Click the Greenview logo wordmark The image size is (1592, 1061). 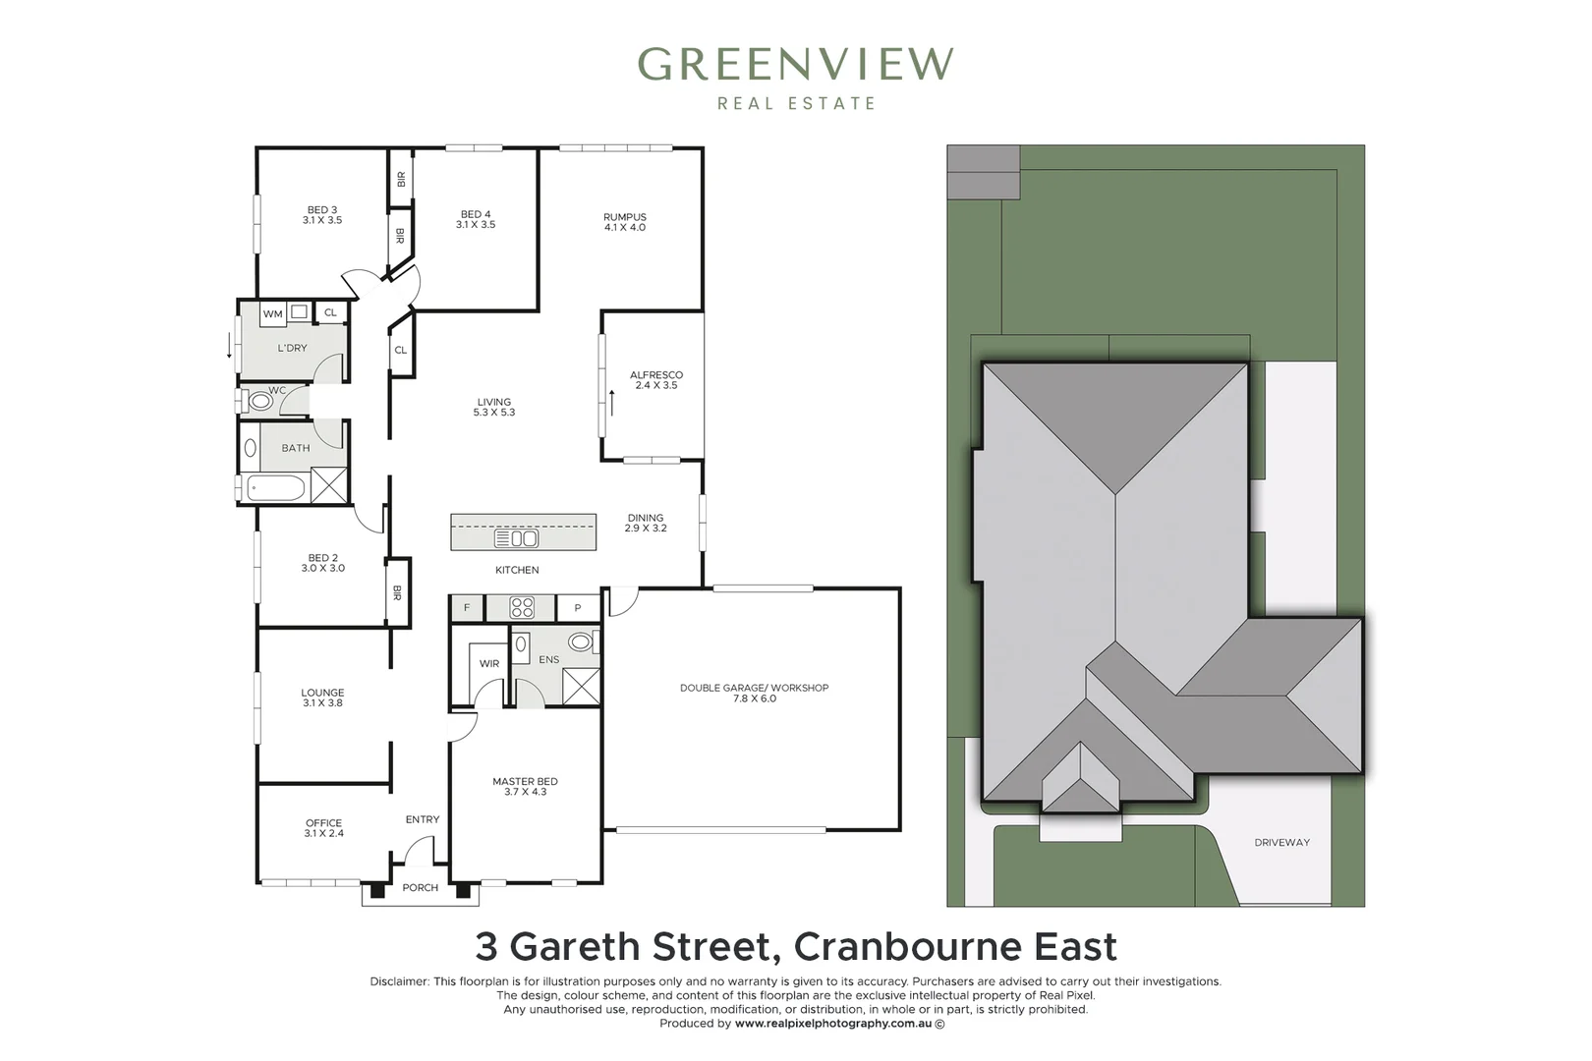pos(795,65)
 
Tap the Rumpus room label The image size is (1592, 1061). pos(625,222)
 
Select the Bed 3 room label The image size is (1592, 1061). pos(322,215)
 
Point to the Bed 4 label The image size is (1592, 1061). pos(476,219)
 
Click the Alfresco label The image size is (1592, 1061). pos(656,380)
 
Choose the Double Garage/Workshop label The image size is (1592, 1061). pos(754,693)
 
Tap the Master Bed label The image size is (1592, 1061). pos(525,786)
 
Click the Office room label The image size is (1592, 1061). pos(323,828)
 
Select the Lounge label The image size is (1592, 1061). pos(322,698)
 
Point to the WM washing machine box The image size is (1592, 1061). pos(272,314)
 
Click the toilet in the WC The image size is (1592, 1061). pos(259,401)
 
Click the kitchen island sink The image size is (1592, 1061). pos(517,538)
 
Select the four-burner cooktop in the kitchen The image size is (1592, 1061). pos(522,608)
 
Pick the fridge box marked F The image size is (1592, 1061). pos(467,608)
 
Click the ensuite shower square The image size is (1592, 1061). pos(581,686)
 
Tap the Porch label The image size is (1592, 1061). pos(421,888)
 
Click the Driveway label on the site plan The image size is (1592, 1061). pos(1281,843)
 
